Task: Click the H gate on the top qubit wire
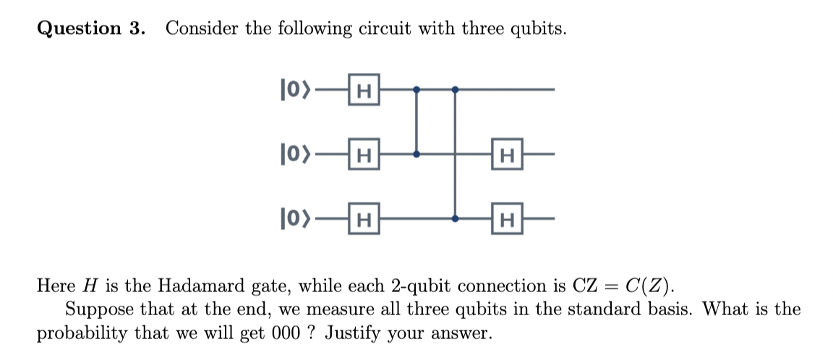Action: pos(364,90)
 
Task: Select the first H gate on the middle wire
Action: pos(364,154)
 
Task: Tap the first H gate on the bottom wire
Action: pos(364,218)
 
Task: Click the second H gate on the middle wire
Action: pos(507,154)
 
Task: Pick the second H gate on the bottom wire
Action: pos(507,218)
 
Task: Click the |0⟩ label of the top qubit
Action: pos(293,90)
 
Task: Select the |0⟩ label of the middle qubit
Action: pos(293,154)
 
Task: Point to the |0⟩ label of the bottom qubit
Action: pos(293,218)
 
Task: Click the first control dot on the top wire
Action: pos(416,90)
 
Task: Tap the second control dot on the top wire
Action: pos(454,90)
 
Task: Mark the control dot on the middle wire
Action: pos(416,154)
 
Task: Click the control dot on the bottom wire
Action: pos(454,218)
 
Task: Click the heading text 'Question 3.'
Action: pos(90,29)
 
